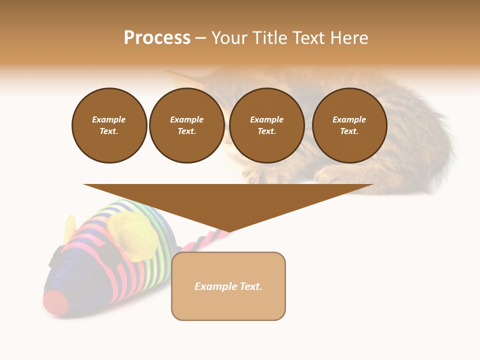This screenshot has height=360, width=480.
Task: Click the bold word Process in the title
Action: pyautogui.click(x=157, y=38)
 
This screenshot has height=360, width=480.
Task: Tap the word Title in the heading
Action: pyautogui.click(x=269, y=38)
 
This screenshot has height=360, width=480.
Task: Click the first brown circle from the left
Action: pyautogui.click(x=109, y=125)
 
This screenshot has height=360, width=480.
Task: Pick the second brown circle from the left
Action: pyautogui.click(x=187, y=125)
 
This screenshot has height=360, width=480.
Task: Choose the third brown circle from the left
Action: pyautogui.click(x=267, y=125)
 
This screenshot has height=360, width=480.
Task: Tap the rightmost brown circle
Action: pyautogui.click(x=349, y=125)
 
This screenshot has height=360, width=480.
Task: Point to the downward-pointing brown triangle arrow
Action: pyautogui.click(x=228, y=205)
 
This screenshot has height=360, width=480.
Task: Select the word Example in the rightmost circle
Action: pyautogui.click(x=349, y=119)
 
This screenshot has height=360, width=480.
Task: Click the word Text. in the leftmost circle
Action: pyautogui.click(x=109, y=131)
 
